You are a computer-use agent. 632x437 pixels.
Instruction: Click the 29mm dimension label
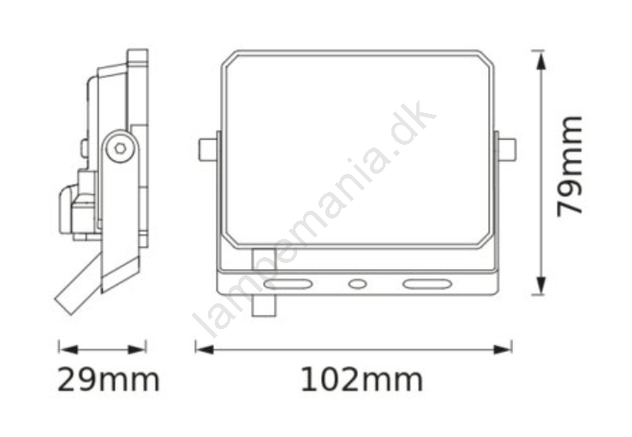[x=109, y=380]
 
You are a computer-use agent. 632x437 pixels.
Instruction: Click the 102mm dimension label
[x=362, y=380]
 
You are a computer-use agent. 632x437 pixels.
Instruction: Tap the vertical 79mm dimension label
[x=569, y=166]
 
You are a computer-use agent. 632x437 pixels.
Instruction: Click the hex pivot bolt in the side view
[x=120, y=148]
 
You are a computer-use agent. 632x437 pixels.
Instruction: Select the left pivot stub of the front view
[x=208, y=150]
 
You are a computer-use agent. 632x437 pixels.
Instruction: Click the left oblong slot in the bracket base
[x=288, y=284]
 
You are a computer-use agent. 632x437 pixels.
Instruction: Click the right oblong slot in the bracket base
[x=426, y=284]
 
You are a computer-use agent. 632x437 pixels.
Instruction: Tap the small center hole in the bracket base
[x=357, y=284]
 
